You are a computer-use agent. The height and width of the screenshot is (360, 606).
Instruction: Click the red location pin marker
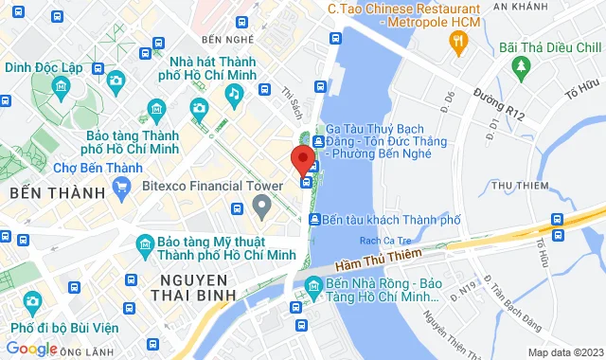pyautogui.click(x=302, y=157)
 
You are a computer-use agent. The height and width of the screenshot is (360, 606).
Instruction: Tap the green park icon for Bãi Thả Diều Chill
pyautogui.click(x=519, y=63)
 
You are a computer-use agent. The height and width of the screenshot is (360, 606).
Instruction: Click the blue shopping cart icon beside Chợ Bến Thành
pyautogui.click(x=121, y=188)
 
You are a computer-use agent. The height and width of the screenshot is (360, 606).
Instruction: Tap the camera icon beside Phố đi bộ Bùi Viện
pyautogui.click(x=31, y=302)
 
